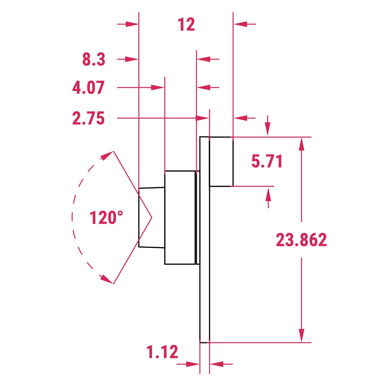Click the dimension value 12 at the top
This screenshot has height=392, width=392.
(x=187, y=24)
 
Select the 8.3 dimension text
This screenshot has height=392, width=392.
(x=94, y=59)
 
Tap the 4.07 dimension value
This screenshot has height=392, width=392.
(x=89, y=88)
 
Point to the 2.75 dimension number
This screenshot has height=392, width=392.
(x=89, y=118)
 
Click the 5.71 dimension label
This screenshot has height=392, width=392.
(x=267, y=161)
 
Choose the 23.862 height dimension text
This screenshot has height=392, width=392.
(x=301, y=240)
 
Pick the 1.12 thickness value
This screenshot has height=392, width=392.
(x=162, y=352)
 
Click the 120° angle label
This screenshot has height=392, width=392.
(x=106, y=218)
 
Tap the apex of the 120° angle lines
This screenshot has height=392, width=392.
(x=152, y=218)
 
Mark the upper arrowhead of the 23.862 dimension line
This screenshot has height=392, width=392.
(x=302, y=144)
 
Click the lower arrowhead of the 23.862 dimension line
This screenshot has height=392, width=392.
(x=302, y=335)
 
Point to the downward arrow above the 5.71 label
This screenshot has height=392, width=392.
(x=268, y=129)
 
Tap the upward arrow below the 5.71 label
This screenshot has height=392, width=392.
(x=268, y=195)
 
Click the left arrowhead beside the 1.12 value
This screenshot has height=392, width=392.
(x=193, y=364)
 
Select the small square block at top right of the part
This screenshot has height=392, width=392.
(x=221, y=162)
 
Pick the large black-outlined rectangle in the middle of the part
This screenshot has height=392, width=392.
(x=180, y=218)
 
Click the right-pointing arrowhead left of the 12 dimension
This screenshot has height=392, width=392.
(x=132, y=24)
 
